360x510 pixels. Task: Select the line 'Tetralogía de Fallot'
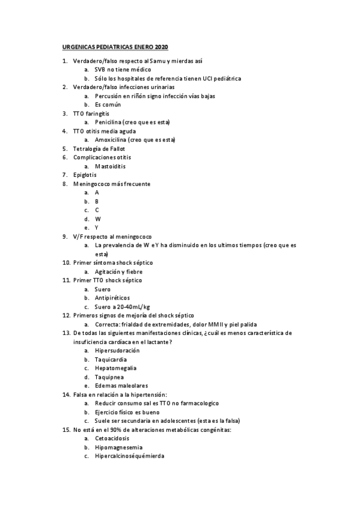click(98, 149)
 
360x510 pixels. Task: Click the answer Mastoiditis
click(110, 166)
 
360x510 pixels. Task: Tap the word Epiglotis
click(84, 174)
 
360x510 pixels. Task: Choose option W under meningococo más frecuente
click(97, 218)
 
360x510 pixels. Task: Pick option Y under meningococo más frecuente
click(97, 227)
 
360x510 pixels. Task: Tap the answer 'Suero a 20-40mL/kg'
click(122, 306)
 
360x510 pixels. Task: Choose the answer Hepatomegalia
click(115, 367)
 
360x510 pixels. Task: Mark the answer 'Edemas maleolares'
click(121, 385)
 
